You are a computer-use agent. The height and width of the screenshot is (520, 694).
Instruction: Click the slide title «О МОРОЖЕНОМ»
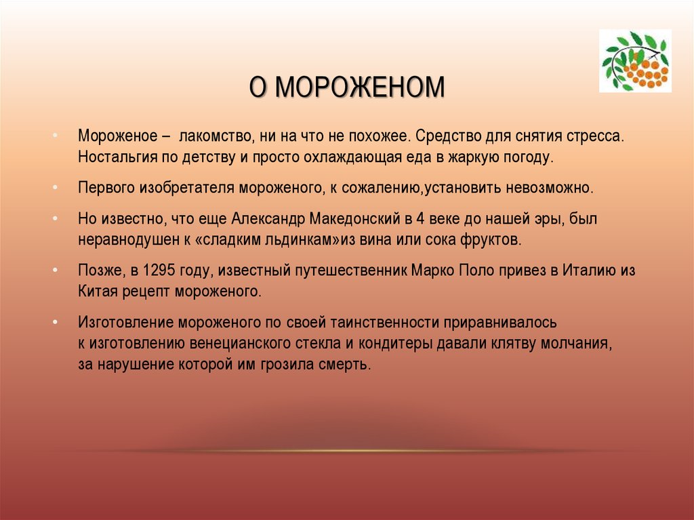coord(346,88)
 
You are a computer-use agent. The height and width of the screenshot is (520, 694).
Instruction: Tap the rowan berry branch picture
coord(635,61)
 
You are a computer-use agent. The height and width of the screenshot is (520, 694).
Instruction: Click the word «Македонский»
coord(354,219)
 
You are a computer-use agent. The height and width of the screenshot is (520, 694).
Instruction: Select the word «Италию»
coord(587,271)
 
